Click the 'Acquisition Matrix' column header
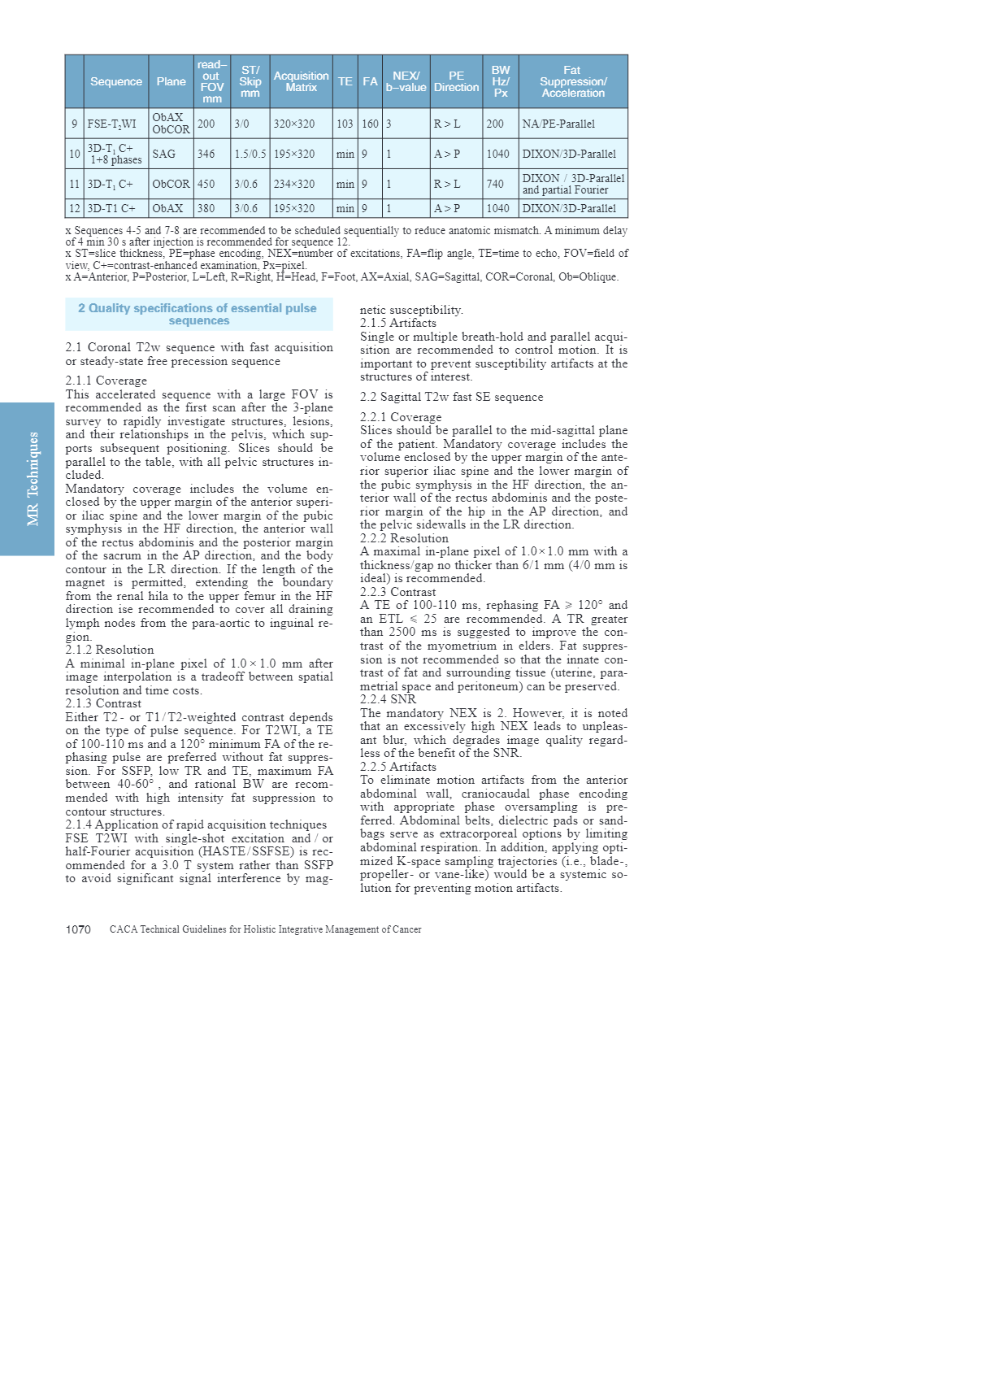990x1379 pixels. coord(301,81)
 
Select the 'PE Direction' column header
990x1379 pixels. coord(456,81)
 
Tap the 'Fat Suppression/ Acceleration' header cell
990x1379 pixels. coord(573,81)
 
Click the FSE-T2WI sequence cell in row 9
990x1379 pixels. coord(112,124)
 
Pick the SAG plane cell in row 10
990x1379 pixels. coord(164,154)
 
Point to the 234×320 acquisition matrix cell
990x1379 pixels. coord(294,185)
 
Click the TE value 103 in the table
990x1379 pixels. coord(345,124)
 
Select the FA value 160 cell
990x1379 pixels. coord(370,124)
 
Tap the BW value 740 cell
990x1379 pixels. coord(495,185)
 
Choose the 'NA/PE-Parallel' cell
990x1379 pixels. coord(558,124)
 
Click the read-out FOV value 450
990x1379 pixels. coord(206,185)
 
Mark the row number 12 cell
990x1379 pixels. coord(74,209)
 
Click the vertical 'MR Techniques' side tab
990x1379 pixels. coord(33,479)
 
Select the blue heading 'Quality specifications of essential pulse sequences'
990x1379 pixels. coord(198,315)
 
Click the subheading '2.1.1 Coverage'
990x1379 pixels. coord(106,381)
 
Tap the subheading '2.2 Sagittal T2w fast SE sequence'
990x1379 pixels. coord(452,398)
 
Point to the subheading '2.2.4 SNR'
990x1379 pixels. coord(388,699)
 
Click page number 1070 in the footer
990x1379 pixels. coord(78,929)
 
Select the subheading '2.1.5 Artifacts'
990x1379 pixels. coord(398,324)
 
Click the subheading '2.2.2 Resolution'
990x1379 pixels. coord(404,538)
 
